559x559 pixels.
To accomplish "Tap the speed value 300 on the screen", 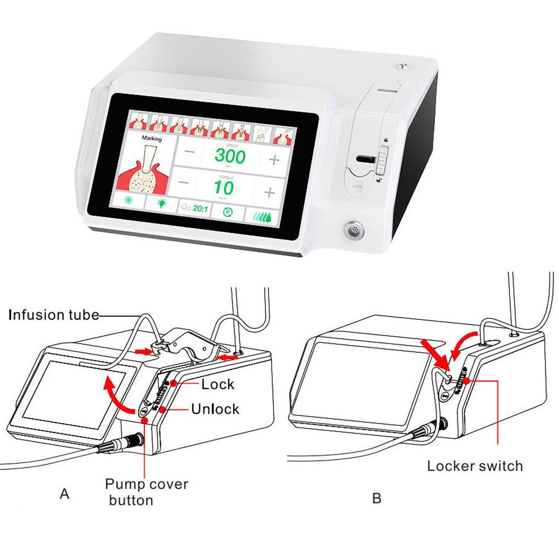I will [x=230, y=156].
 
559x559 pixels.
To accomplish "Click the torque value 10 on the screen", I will [x=224, y=188].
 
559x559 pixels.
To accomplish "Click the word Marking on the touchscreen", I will [x=151, y=139].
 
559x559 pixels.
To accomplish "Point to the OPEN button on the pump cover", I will [x=358, y=186].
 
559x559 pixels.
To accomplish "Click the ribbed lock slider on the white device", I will [x=382, y=160].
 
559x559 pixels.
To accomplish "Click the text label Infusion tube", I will [x=54, y=314].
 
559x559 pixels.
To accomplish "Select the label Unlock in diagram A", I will [x=215, y=408].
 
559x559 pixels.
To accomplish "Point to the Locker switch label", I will [x=474, y=466].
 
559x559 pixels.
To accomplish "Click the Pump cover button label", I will [x=146, y=491].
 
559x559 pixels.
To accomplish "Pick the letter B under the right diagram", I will [x=377, y=498].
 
